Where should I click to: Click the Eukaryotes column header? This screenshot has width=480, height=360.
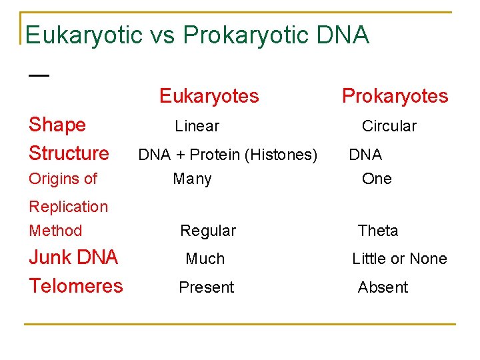tap(209, 97)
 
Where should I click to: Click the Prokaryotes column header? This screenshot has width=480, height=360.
tap(395, 97)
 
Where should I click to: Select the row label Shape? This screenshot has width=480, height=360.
tap(57, 125)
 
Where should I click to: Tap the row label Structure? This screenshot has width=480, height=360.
tap(69, 153)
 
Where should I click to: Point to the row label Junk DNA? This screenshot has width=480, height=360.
tap(73, 257)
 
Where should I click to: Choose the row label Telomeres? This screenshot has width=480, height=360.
tap(76, 286)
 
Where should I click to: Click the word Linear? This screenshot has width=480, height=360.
tap(197, 126)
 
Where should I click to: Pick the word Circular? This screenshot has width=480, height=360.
tap(389, 126)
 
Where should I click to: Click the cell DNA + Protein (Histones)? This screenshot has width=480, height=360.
tap(227, 155)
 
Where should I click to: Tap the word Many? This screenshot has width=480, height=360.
tap(192, 179)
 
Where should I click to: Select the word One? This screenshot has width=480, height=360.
tap(377, 179)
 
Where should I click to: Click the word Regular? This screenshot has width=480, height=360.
tap(208, 231)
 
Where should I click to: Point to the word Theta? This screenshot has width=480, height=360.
tap(378, 231)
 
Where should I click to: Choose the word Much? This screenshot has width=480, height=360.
tap(205, 259)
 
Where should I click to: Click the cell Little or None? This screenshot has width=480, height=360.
tap(399, 259)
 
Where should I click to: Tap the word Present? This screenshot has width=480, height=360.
tap(206, 287)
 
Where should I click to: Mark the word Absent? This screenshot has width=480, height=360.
tap(383, 287)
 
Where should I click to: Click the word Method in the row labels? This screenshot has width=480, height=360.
tap(55, 231)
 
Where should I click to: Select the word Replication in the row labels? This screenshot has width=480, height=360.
tap(68, 207)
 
